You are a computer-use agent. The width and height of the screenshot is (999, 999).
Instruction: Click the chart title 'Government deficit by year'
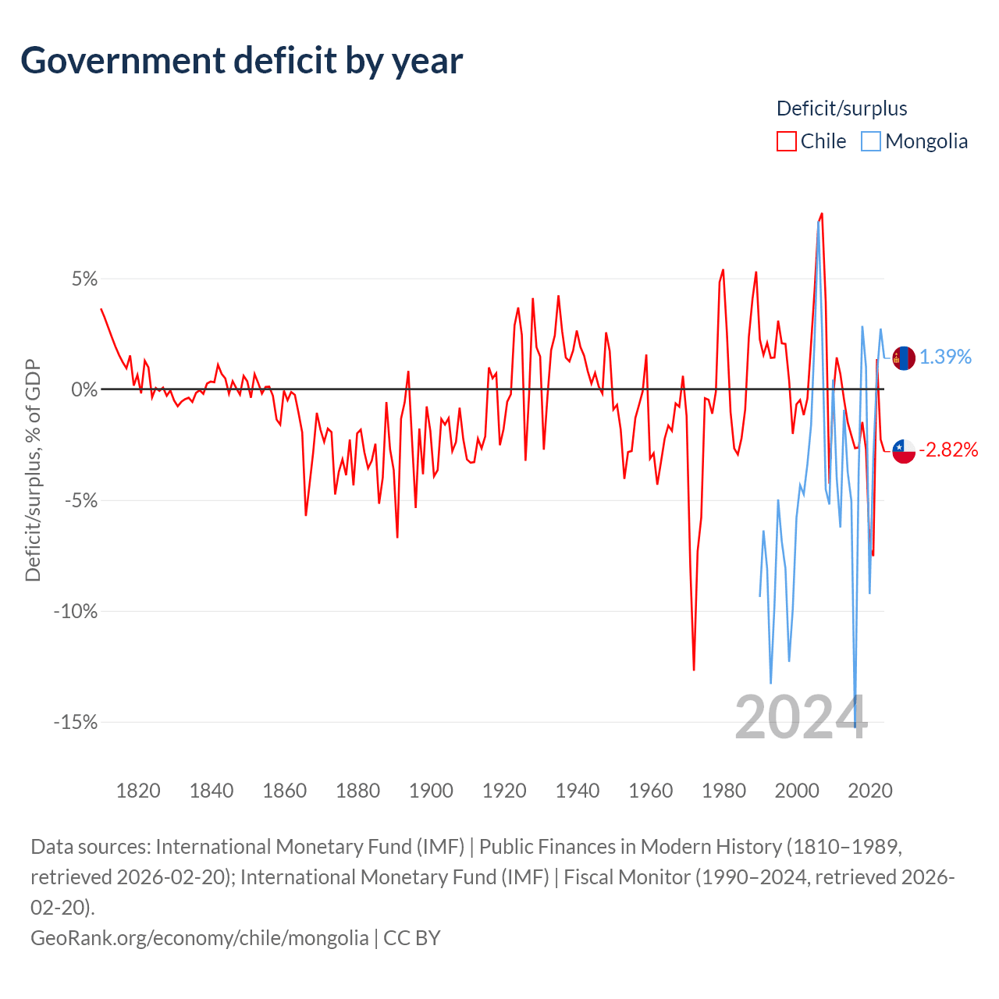point(242,61)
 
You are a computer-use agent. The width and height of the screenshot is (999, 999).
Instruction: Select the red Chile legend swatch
point(786,141)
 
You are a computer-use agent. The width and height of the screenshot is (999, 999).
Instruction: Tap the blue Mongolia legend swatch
point(871,141)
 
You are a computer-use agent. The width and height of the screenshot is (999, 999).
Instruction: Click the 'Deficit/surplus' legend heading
point(841,108)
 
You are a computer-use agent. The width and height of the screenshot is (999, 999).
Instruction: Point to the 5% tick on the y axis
point(84,279)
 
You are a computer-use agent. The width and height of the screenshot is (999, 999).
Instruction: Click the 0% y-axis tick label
point(84,389)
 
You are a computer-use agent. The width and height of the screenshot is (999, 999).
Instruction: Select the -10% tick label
point(76,611)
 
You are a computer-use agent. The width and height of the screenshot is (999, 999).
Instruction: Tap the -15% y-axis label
point(76,722)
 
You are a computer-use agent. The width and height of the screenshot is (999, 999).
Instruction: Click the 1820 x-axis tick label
point(138,791)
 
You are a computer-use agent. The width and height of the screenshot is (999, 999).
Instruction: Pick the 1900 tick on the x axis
point(431,791)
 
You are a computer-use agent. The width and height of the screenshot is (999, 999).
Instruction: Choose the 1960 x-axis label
point(650,791)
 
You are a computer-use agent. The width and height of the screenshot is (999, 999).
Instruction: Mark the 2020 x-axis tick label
point(869,791)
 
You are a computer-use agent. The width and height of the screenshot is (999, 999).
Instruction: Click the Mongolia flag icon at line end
point(904,358)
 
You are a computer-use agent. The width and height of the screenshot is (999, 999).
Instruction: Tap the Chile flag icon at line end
point(904,450)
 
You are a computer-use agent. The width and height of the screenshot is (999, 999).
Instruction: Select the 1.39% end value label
point(945,357)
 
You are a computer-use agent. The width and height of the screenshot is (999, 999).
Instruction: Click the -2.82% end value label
point(948,450)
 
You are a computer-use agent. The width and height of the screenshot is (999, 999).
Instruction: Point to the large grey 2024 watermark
point(801,717)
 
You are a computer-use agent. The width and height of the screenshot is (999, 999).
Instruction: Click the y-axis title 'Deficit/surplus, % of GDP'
point(33,470)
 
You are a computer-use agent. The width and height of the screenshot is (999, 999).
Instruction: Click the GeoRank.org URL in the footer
point(199,937)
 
